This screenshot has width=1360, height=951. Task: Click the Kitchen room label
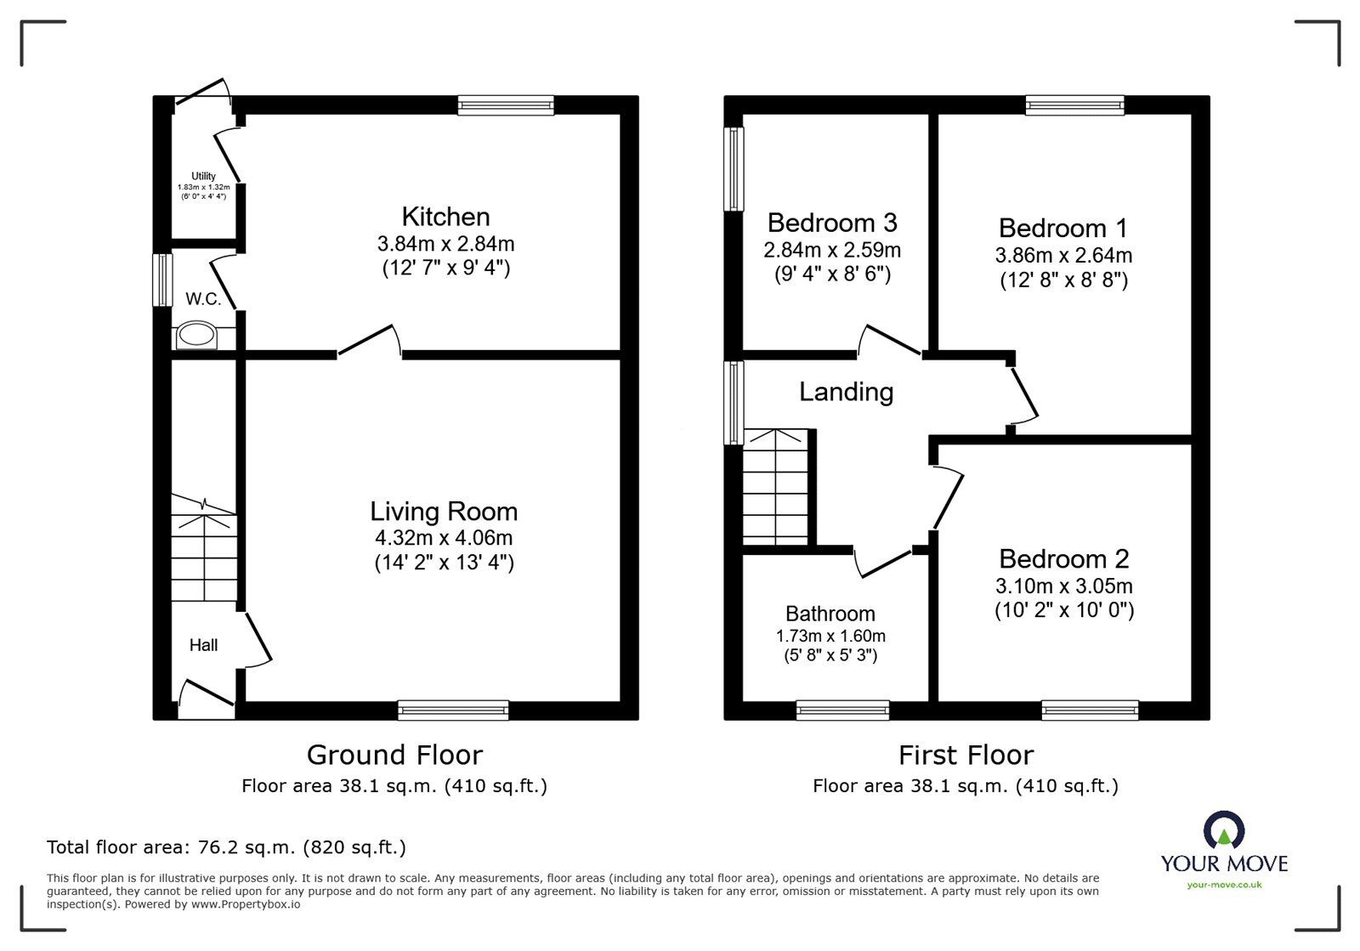point(445,217)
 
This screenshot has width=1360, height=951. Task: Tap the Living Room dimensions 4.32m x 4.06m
point(444,538)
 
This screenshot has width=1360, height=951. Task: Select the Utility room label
point(203,176)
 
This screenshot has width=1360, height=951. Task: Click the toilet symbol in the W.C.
point(196,335)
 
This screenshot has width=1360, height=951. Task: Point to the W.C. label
point(203,298)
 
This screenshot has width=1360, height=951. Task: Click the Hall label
point(203,644)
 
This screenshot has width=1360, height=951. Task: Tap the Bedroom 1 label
point(1063,229)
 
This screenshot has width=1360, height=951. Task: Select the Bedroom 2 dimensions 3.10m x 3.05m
point(1063,586)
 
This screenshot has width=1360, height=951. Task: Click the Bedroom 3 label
point(832,223)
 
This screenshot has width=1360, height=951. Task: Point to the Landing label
point(847,392)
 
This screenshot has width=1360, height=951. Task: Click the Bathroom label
point(830,614)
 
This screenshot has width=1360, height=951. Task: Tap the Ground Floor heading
point(394,755)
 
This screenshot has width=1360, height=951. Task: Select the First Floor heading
point(966,756)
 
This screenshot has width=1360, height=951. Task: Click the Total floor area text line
point(226,846)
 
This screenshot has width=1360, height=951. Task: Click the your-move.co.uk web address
point(1224,885)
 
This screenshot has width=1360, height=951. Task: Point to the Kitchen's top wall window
point(506,105)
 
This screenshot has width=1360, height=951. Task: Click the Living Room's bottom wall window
point(453,710)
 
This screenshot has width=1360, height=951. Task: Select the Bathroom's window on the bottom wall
point(842,710)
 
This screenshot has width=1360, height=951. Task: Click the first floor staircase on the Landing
point(775,487)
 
